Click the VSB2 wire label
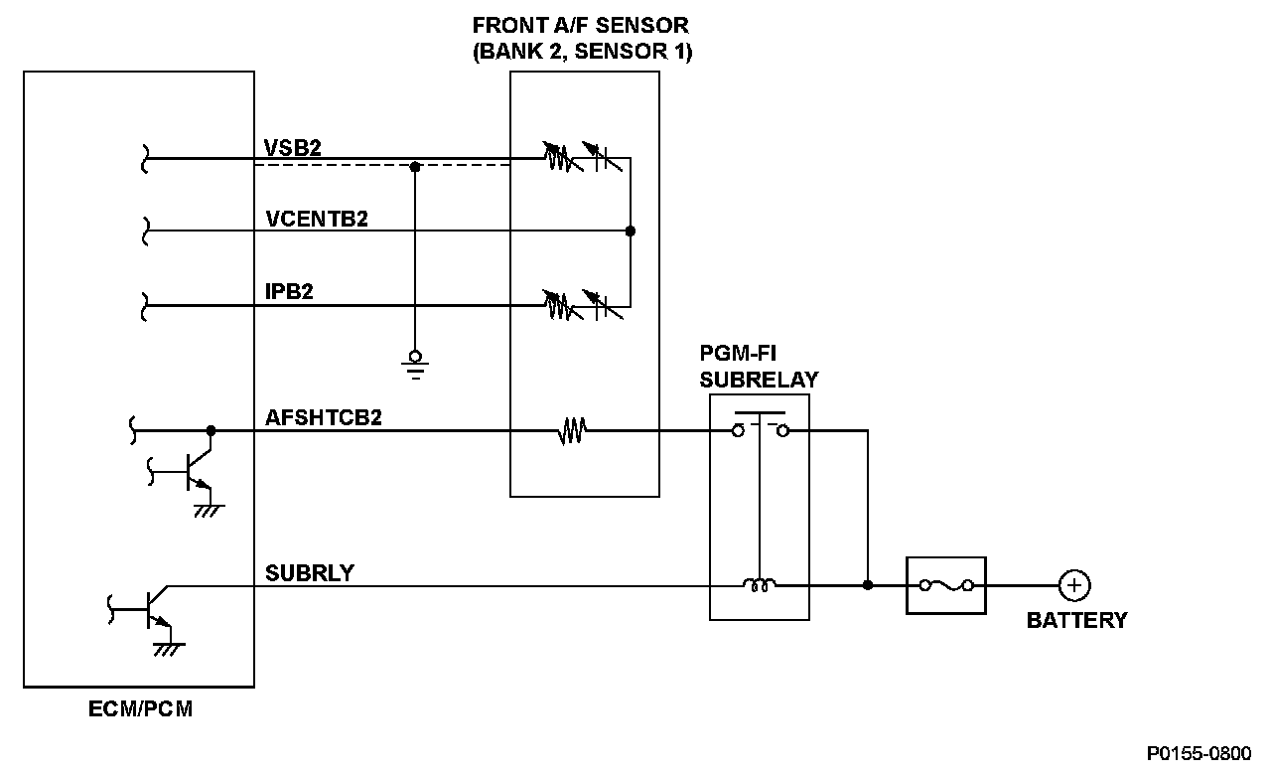point(293,147)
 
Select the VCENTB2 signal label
point(317,220)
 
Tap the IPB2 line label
point(290,293)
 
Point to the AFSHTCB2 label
point(324,418)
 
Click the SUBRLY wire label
point(310,573)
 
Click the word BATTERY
point(1076,620)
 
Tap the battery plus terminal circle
point(1073,585)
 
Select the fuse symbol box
point(946,585)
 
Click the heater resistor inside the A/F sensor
point(572,431)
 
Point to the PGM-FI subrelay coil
point(760,585)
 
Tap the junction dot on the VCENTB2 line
point(630,231)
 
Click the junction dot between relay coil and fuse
point(868,585)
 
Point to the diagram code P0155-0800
point(1199,753)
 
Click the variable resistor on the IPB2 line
point(559,304)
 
